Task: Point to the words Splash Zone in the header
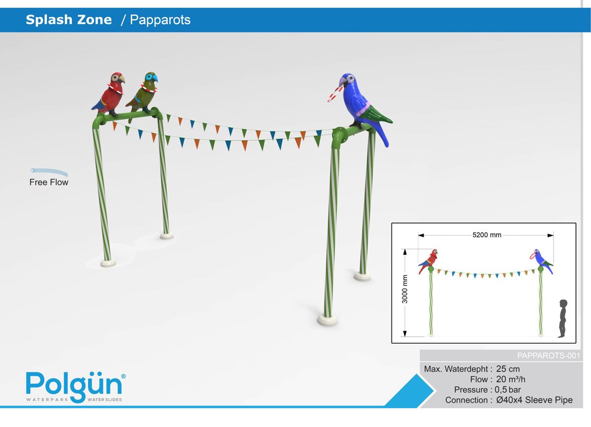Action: (69, 20)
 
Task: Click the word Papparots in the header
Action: (160, 20)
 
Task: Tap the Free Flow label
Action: (49, 182)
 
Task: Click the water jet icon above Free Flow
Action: (49, 172)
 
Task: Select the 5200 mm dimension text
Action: (487, 235)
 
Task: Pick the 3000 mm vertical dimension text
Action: (405, 289)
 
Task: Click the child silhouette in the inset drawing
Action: (563, 319)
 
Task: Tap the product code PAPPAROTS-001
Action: (549, 356)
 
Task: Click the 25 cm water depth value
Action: (508, 369)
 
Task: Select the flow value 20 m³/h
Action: (511, 380)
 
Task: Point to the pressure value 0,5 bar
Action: (508, 390)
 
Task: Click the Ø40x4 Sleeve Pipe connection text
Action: (534, 400)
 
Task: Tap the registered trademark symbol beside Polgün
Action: (123, 376)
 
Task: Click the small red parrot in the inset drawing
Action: (428, 261)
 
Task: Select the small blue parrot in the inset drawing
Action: (542, 260)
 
